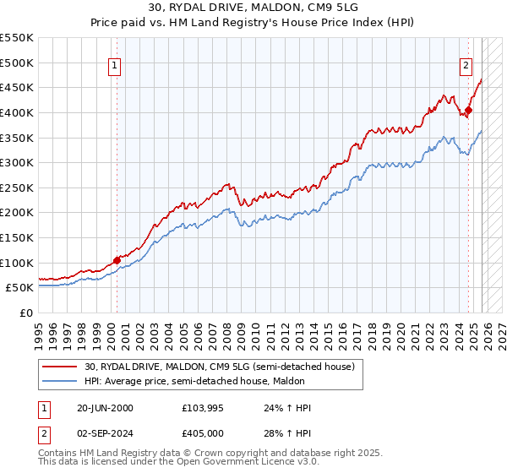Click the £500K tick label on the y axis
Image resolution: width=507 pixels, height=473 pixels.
17,63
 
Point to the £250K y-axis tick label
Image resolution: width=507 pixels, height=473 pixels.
17,188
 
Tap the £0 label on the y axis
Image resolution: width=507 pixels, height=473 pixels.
25,313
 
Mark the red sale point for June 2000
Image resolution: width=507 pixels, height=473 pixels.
117,261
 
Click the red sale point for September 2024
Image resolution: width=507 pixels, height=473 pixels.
468,110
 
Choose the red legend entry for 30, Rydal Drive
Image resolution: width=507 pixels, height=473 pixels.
224,366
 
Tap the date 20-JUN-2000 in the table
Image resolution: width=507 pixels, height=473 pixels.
104,408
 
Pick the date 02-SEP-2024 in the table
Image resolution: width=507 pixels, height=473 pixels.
105,432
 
